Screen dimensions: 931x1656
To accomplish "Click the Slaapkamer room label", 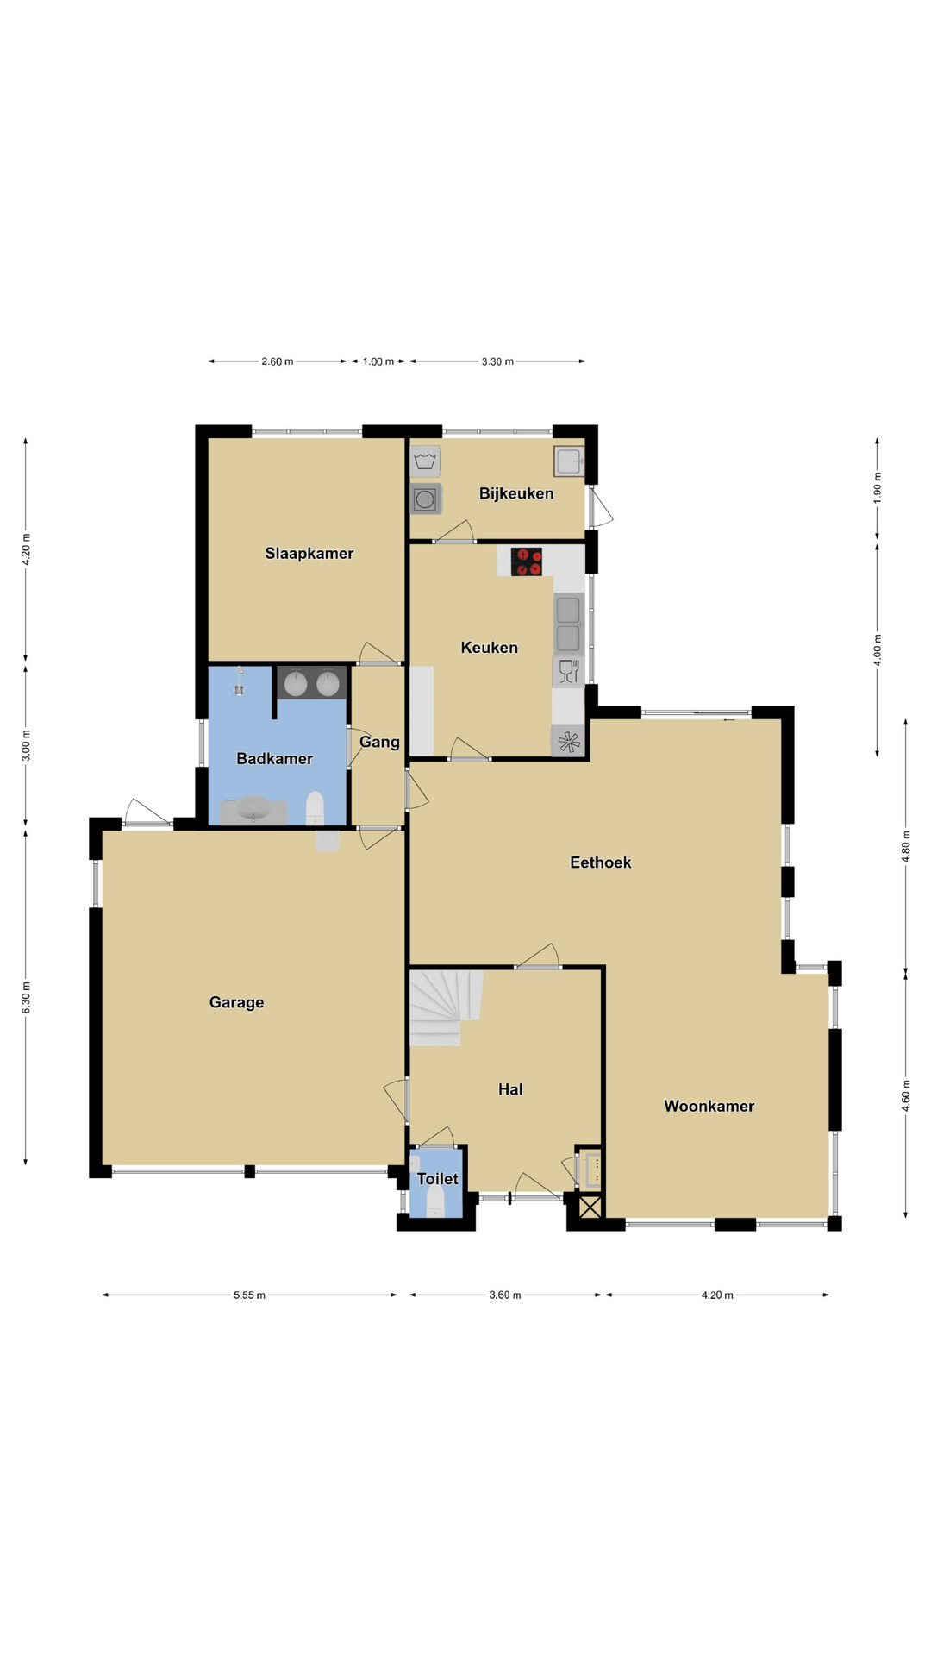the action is (x=309, y=554).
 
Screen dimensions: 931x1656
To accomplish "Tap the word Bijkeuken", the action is (x=516, y=493).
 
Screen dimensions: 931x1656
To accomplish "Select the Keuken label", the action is (x=489, y=648).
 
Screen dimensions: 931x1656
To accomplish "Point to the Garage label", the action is (x=236, y=1002).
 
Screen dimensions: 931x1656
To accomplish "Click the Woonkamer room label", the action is (x=709, y=1107).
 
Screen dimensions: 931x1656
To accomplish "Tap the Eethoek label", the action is (x=601, y=862).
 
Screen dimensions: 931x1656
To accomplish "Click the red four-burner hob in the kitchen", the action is (x=527, y=561).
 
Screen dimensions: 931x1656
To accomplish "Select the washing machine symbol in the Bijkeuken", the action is (x=425, y=499).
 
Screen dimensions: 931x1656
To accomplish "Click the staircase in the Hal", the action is (x=445, y=1007).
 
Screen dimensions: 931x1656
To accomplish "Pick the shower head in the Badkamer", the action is (x=240, y=681).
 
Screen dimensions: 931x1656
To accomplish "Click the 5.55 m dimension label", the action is (x=249, y=1295).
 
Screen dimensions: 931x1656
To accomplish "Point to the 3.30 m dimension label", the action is (x=497, y=361).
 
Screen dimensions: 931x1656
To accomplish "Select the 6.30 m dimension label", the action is (x=26, y=998).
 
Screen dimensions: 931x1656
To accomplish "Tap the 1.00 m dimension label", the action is (x=378, y=361).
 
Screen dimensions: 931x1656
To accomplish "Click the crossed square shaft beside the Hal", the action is (x=590, y=1207).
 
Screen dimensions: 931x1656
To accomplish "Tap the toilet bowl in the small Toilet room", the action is (x=435, y=1201).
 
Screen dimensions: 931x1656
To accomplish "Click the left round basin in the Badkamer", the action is (x=296, y=683).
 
